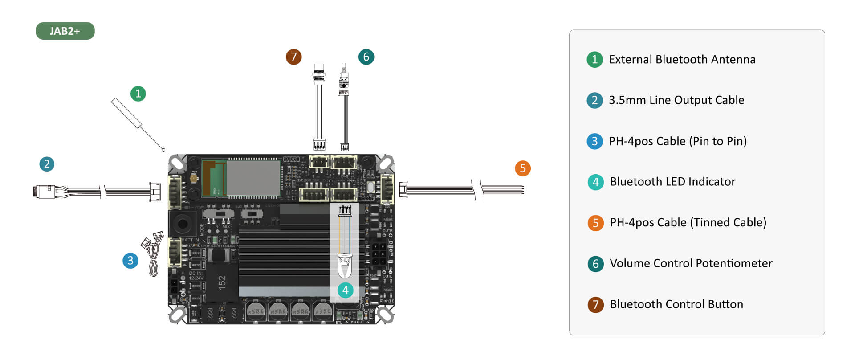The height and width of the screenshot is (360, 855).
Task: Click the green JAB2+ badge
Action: [65, 31]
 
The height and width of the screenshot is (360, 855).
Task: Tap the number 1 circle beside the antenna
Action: [138, 94]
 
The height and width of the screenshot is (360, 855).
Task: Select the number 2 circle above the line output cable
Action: [47, 164]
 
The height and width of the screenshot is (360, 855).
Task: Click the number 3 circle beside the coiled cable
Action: [130, 261]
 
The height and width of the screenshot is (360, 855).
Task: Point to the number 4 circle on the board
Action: [345, 290]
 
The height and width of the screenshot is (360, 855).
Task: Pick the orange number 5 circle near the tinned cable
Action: [523, 168]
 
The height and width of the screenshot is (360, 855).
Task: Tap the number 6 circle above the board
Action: [366, 57]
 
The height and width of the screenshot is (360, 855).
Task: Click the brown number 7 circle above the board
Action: [293, 57]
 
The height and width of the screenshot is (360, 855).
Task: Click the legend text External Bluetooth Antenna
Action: [682, 60]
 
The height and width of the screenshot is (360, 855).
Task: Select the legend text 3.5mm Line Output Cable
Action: [676, 100]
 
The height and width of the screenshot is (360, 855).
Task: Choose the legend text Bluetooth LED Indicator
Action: [672, 182]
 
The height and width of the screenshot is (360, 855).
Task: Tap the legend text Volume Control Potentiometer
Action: [691, 263]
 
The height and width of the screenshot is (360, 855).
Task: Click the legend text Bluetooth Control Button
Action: [676, 304]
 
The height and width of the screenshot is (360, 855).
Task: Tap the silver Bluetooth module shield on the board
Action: [253, 178]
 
